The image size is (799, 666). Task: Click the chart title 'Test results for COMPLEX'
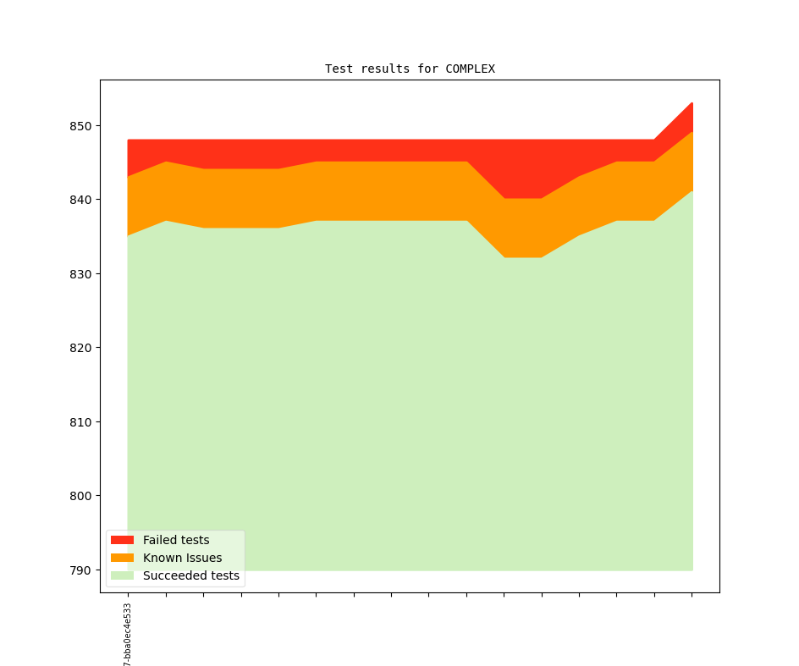410,69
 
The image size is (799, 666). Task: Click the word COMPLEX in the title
470,69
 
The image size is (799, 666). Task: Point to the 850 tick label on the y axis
81,126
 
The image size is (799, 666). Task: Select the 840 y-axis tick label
81,200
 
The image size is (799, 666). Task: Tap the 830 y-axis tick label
81,274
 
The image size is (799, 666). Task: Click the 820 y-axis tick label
81,348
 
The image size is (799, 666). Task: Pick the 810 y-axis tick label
81,421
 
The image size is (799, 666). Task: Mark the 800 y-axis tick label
81,496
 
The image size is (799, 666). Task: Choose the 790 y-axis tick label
81,570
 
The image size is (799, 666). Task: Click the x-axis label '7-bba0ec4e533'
128,635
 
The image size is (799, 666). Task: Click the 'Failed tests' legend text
176,540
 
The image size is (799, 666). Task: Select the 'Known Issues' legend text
182,558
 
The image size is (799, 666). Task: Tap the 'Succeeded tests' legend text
191,575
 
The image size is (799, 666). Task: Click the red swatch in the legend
122,540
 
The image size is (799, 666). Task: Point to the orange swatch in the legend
122,558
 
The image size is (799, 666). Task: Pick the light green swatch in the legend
122,575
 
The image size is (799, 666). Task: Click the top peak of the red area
691,106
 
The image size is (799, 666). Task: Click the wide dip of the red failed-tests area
523,169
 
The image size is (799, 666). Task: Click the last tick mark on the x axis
692,595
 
